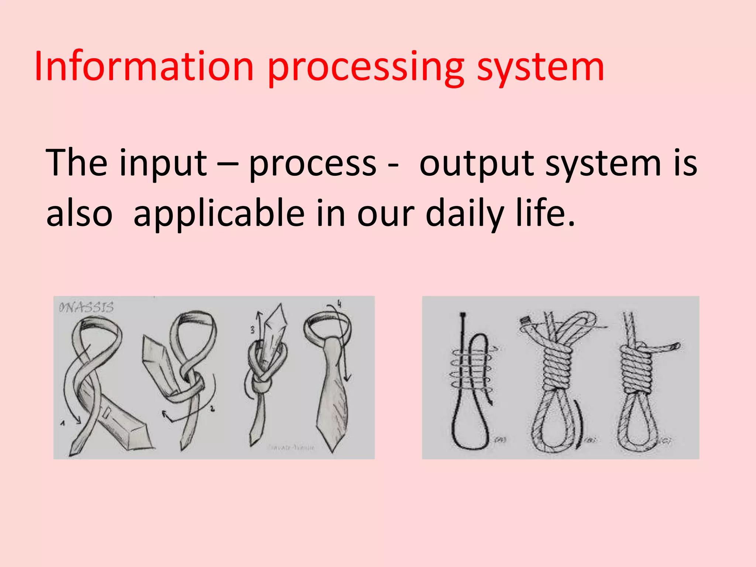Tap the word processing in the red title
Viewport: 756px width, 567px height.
(x=365, y=68)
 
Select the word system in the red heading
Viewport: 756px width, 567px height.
(x=541, y=68)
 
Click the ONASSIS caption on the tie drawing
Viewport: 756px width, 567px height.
(x=86, y=307)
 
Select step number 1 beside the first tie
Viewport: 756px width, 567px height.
(x=63, y=423)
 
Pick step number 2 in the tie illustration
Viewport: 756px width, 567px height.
(x=212, y=408)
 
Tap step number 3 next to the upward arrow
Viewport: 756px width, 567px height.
(x=253, y=330)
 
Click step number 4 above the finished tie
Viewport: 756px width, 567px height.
(x=339, y=304)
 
